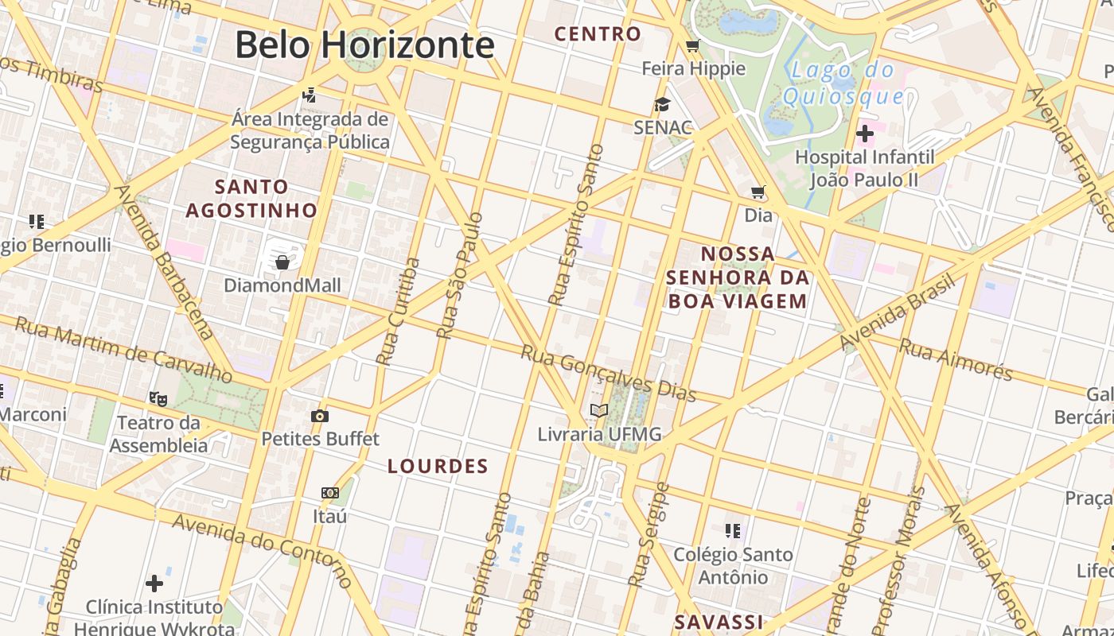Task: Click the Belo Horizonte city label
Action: [x=364, y=45]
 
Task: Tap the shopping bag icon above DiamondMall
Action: [x=282, y=262]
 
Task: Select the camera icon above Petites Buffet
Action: [x=319, y=416]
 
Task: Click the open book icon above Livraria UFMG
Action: [x=599, y=411]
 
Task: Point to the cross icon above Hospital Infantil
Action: [x=865, y=133]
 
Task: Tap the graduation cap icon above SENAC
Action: [x=662, y=104]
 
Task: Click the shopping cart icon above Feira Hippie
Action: [x=692, y=45]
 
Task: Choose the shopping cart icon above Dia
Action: [x=758, y=192]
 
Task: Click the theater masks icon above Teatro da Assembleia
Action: [x=158, y=397]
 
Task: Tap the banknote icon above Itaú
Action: [x=330, y=493]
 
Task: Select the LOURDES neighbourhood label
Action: [x=438, y=467]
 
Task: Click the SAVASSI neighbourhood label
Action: [x=719, y=622]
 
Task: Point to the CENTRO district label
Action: [x=598, y=34]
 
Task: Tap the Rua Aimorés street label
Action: [x=955, y=359]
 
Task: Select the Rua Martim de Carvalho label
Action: [x=123, y=350]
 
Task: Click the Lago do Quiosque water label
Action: [x=843, y=83]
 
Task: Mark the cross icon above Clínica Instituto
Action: [x=154, y=584]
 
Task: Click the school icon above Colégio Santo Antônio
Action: [x=733, y=530]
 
